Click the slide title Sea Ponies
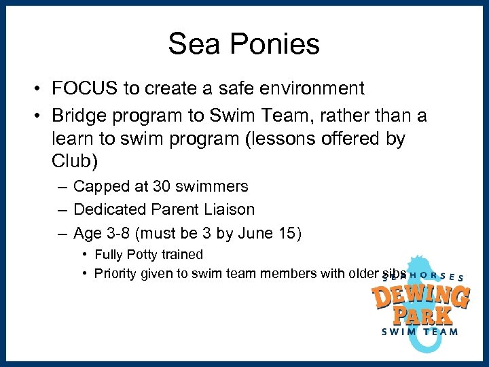tap(244, 44)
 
